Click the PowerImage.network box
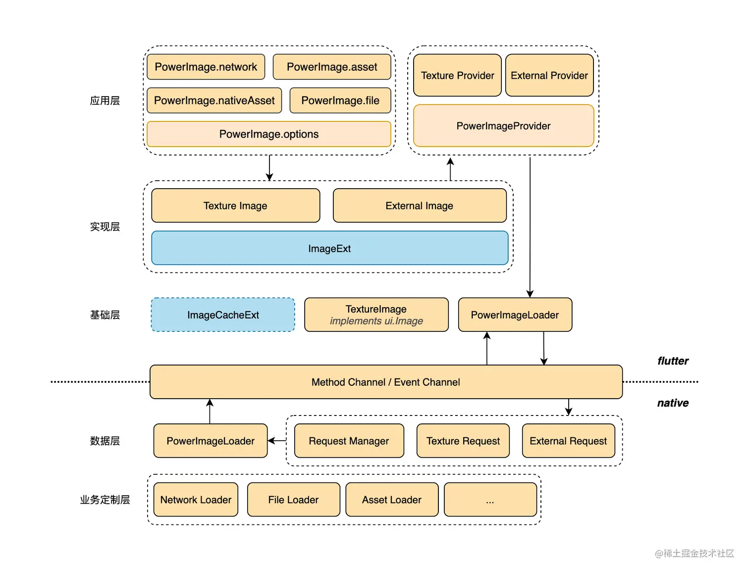pos(206,67)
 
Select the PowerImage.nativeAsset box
pos(214,100)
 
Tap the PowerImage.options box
pos(269,134)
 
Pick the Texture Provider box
pos(457,75)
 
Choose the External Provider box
pos(549,75)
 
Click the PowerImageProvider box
pos(504,126)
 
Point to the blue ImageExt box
pos(329,248)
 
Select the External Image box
pos(420,206)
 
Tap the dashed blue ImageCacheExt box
pos(223,315)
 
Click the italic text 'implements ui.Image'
pos(376,321)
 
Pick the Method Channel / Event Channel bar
pos(386,382)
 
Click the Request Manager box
pos(349,441)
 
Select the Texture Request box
pos(463,441)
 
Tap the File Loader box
pos(293,500)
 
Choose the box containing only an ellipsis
pos(490,500)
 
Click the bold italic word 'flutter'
pos(673,361)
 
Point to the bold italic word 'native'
pos(673,403)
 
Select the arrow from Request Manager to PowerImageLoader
pos(277,441)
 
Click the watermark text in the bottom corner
pos(695,553)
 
